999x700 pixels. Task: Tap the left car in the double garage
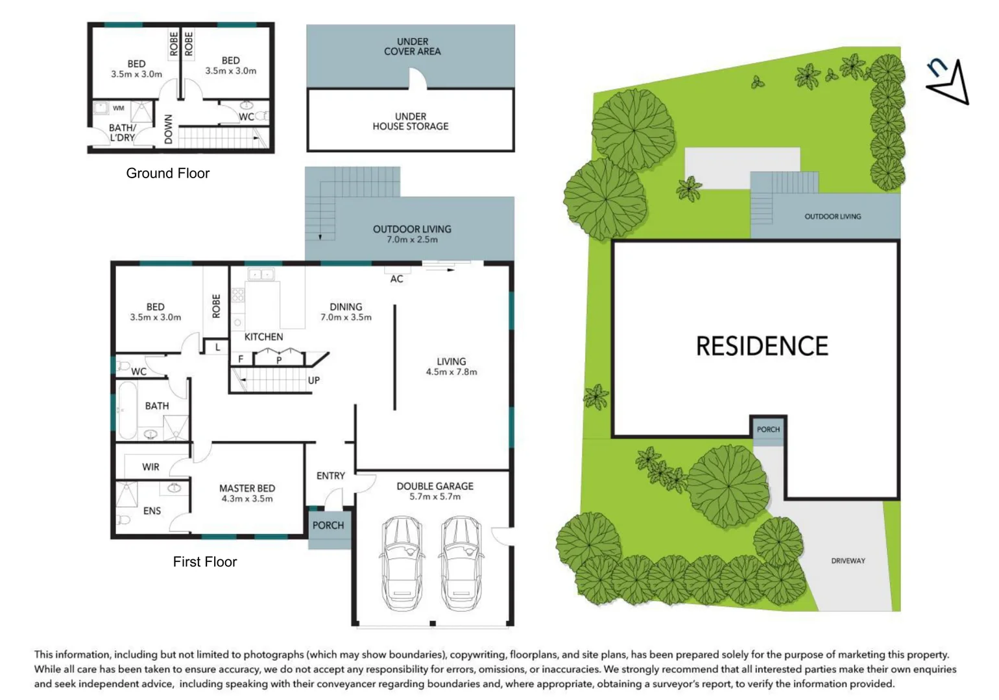click(x=402, y=563)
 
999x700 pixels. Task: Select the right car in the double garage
click(x=461, y=563)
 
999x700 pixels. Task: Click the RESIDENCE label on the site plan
click(x=762, y=346)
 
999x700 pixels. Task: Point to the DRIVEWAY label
click(x=848, y=561)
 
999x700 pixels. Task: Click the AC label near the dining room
click(x=396, y=279)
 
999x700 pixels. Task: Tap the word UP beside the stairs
click(x=313, y=380)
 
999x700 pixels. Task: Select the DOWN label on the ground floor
click(x=169, y=129)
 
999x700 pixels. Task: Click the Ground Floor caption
click(x=167, y=173)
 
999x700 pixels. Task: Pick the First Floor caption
click(x=204, y=562)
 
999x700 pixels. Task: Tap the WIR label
click(x=150, y=467)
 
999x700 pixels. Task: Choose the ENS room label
click(x=152, y=511)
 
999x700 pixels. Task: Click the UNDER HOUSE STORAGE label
click(x=410, y=121)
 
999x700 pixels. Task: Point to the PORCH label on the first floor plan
click(x=328, y=525)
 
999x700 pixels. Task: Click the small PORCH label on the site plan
click(x=768, y=429)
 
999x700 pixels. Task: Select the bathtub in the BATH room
click(x=126, y=410)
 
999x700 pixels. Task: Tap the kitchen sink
click(x=261, y=275)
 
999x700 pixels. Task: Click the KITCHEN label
click(x=263, y=336)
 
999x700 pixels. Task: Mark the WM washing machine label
click(x=118, y=108)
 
